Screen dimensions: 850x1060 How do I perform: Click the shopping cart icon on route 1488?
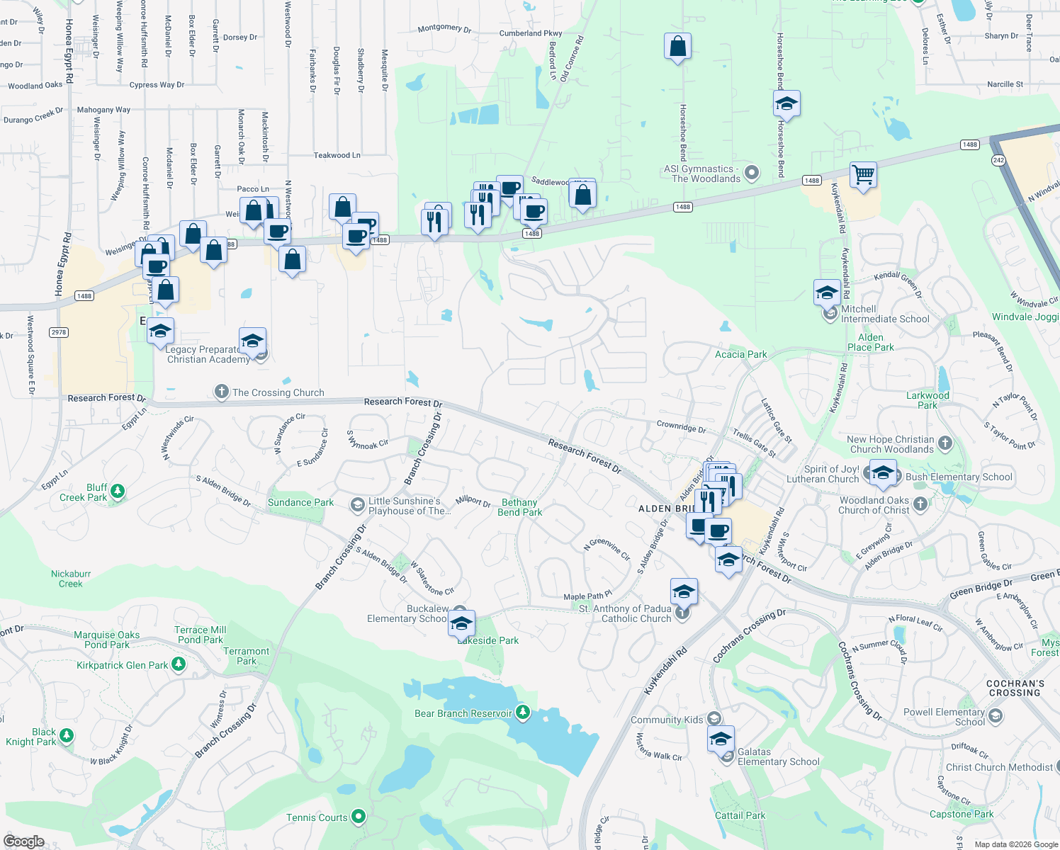click(x=863, y=174)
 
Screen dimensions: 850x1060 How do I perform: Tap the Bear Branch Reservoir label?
click(x=463, y=713)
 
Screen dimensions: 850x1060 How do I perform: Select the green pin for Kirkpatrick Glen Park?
click(x=179, y=664)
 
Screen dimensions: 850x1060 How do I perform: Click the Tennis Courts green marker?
click(x=359, y=817)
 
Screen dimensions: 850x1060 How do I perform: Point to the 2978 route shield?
click(x=59, y=332)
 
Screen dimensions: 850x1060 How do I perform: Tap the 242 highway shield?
click(x=998, y=160)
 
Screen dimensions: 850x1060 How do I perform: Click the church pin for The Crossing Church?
click(x=222, y=392)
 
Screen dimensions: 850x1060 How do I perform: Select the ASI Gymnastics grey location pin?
click(x=752, y=172)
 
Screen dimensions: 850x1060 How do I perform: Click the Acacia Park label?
click(x=740, y=354)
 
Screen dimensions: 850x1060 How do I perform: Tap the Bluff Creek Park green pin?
click(x=118, y=491)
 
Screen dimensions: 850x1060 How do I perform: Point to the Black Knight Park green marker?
click(x=67, y=735)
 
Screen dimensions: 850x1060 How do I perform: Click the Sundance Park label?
click(x=300, y=502)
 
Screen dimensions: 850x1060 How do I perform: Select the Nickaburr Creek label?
click(x=71, y=579)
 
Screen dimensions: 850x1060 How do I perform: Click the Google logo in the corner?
click(x=24, y=841)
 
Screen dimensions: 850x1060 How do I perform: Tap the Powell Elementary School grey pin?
click(x=995, y=716)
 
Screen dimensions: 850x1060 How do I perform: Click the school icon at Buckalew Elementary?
click(x=461, y=624)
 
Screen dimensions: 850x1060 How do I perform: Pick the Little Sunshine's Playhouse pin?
click(x=358, y=504)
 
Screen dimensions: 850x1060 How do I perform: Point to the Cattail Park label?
click(x=740, y=815)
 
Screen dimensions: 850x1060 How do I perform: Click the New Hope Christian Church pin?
click(x=945, y=444)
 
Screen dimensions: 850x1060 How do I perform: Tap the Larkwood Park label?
click(x=927, y=400)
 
